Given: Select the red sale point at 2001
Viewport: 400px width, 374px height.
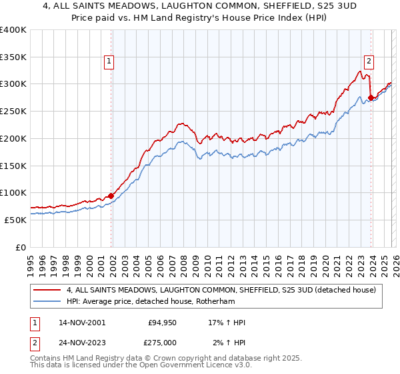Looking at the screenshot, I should (111, 196).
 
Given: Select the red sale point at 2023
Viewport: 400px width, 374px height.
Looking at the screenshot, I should (371, 98).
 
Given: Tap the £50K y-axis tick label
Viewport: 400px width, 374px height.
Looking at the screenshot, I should (15, 220).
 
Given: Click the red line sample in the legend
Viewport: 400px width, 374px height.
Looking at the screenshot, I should (47, 290).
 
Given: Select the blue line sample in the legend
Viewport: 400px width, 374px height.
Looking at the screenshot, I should (47, 301).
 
